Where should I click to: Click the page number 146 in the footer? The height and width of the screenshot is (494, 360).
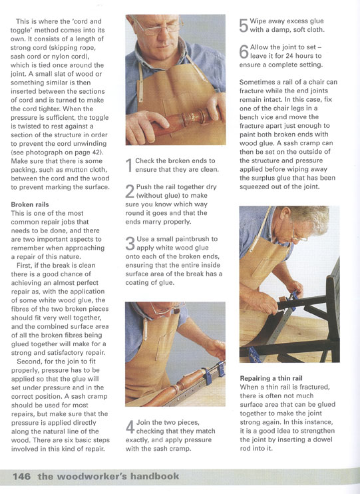[x=22, y=476]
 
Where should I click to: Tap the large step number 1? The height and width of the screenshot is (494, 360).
[x=128, y=165]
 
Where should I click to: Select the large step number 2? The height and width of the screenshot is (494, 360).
[x=130, y=191]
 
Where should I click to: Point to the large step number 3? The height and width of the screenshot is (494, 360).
[x=130, y=244]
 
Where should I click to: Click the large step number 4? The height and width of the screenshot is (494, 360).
[x=130, y=427]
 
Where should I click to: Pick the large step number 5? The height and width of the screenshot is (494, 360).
[x=244, y=25]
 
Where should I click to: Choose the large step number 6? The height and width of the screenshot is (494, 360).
[x=244, y=52]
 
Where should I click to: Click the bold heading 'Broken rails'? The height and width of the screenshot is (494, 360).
[x=30, y=204]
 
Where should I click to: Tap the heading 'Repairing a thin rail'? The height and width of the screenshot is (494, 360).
[x=271, y=378]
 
